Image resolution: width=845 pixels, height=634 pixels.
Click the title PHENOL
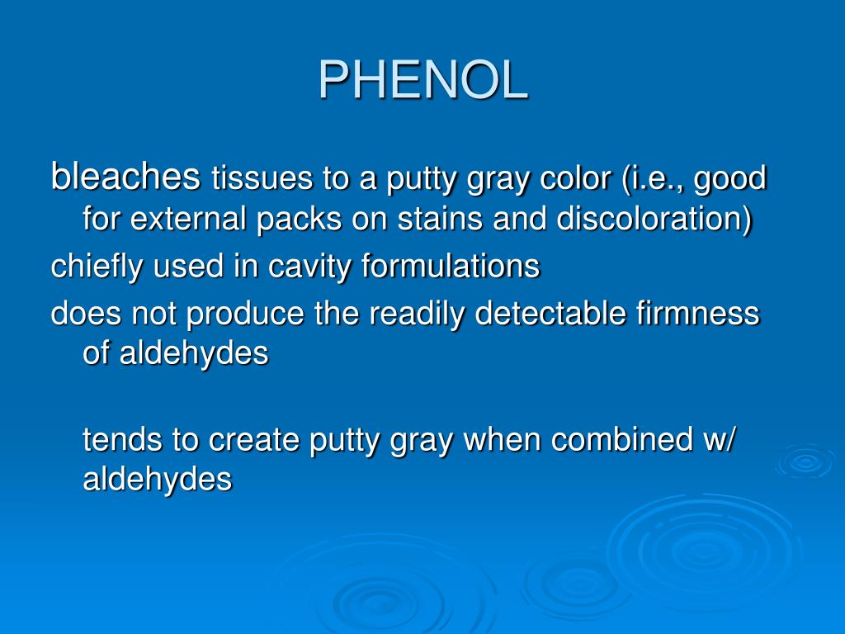422,80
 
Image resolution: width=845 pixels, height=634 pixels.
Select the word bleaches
125,176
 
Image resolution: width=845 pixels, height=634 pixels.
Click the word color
576,178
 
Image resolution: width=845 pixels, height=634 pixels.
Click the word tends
123,439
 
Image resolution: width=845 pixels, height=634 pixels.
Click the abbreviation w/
720,439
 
